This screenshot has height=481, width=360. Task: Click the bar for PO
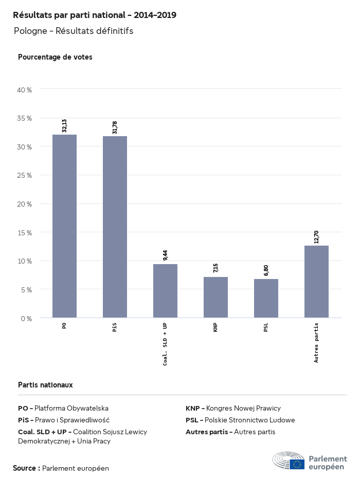click(x=64, y=226)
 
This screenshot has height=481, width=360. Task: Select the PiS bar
click(x=115, y=227)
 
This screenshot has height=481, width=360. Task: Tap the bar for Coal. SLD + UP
click(x=165, y=291)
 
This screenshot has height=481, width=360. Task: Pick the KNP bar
click(x=215, y=298)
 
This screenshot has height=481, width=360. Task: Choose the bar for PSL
click(x=266, y=299)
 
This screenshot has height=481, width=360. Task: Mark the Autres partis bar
click(x=316, y=282)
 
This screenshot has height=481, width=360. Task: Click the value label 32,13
click(x=64, y=126)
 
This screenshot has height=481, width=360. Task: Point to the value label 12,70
click(x=316, y=237)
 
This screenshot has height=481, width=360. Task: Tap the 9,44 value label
click(x=165, y=255)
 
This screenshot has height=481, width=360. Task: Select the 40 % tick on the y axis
click(x=25, y=90)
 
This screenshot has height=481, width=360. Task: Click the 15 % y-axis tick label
click(x=25, y=233)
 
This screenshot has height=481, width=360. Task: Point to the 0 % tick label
click(x=26, y=319)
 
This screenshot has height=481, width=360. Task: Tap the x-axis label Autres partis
click(x=316, y=343)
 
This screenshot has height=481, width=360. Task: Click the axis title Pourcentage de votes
click(x=55, y=57)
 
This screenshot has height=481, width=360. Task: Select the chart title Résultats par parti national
click(x=95, y=15)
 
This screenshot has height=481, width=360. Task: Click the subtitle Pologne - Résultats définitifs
click(x=74, y=31)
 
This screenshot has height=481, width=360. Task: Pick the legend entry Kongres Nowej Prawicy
click(x=233, y=409)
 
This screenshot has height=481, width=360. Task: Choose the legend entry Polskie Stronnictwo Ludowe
click(x=240, y=420)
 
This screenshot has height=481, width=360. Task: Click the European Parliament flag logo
click(x=297, y=465)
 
